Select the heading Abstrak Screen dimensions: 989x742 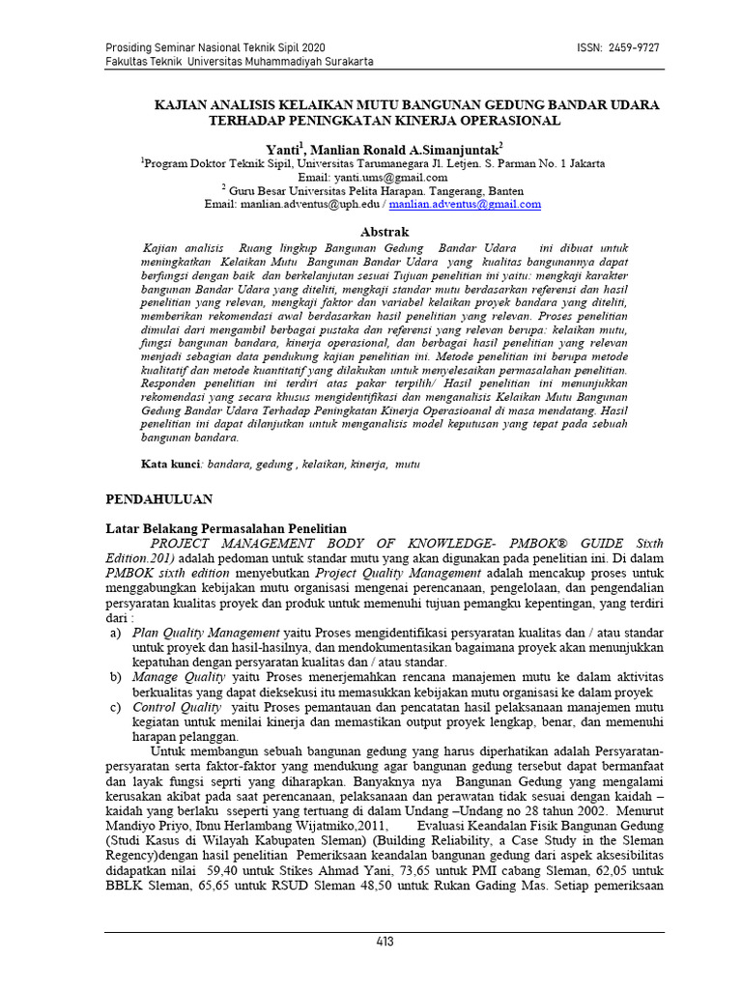385,232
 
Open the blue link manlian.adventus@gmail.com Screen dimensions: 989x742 465,205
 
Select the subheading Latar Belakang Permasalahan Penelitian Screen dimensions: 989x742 224,529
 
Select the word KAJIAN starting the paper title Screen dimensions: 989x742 183,104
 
